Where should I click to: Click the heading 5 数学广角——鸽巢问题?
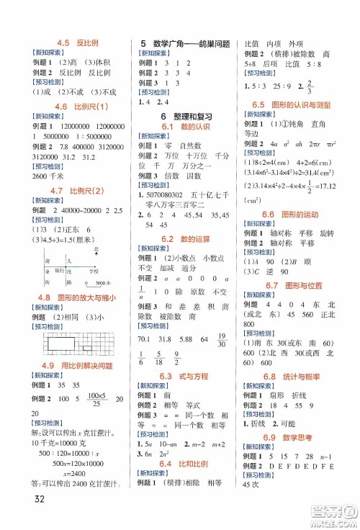coord(186,43)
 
